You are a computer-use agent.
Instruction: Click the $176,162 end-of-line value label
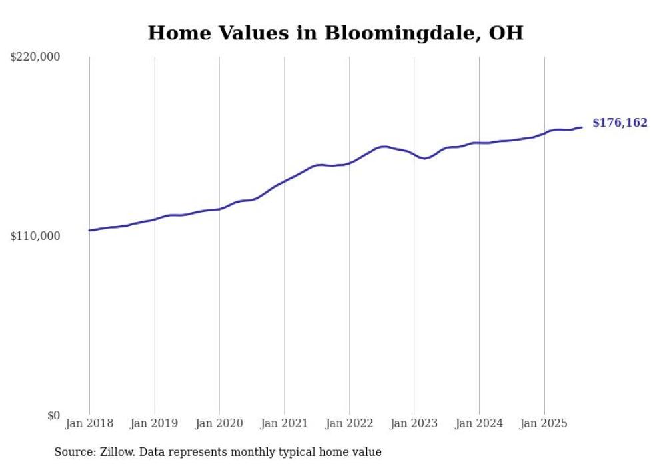click(620, 123)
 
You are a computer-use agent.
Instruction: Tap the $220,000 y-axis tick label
click(35, 57)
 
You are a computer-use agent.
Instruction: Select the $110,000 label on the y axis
click(35, 236)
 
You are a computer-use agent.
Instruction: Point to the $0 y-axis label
click(53, 415)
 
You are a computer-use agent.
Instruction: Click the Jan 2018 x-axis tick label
click(89, 423)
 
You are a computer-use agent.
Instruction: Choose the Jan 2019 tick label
click(154, 423)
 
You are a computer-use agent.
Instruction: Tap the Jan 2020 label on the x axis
click(219, 423)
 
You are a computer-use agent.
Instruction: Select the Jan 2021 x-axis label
click(284, 423)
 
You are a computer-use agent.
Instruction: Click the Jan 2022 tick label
click(349, 423)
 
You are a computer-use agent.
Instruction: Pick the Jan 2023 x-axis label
click(414, 423)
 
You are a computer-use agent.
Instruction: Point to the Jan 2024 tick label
click(479, 423)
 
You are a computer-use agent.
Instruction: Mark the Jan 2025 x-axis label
click(544, 423)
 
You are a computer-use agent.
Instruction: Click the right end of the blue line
click(582, 127)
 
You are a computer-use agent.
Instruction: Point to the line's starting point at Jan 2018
click(89, 230)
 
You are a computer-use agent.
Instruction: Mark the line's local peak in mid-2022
click(384, 146)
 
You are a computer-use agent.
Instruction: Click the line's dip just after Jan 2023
click(424, 158)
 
